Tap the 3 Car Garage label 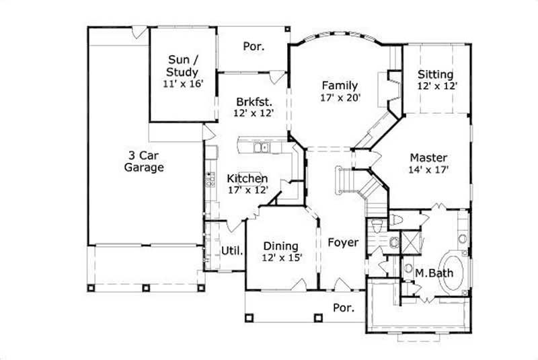[x=144, y=161]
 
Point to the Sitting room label [x=435, y=74]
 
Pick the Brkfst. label [x=254, y=102]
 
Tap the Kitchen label [x=247, y=178]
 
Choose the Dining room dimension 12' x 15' [x=281, y=257]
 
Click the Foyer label [x=343, y=242]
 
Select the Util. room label [x=231, y=251]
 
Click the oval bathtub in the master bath [x=453, y=272]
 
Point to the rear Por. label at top [x=254, y=46]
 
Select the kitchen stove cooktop [x=210, y=178]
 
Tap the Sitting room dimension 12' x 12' [x=435, y=86]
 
